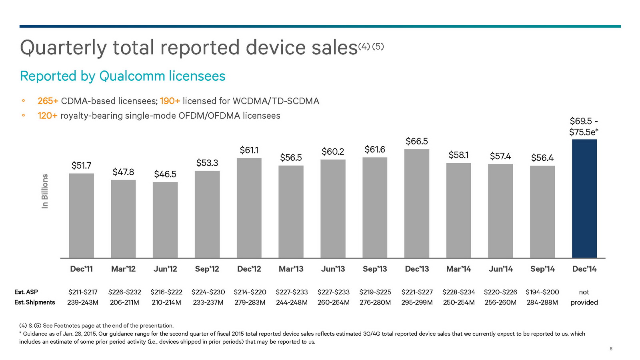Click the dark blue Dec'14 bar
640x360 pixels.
584,199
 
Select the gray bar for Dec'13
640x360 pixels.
416,204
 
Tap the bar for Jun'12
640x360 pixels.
165,220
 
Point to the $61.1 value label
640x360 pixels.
249,150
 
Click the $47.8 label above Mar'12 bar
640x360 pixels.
123,172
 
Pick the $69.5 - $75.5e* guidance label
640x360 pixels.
584,127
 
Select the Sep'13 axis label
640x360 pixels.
375,269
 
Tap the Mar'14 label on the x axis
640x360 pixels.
458,269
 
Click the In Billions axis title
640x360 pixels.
45,191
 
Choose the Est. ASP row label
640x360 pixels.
26,292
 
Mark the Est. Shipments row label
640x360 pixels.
35,302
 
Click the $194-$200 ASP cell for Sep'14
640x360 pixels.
542,292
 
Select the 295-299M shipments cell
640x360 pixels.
417,302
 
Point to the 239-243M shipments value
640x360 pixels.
83,302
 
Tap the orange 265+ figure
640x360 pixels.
48,101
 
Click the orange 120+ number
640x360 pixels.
48,116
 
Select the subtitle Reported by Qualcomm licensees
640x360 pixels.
122,76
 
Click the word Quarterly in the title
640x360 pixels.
63,48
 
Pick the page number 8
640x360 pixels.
611,349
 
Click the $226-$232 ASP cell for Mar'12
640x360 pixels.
124,292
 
